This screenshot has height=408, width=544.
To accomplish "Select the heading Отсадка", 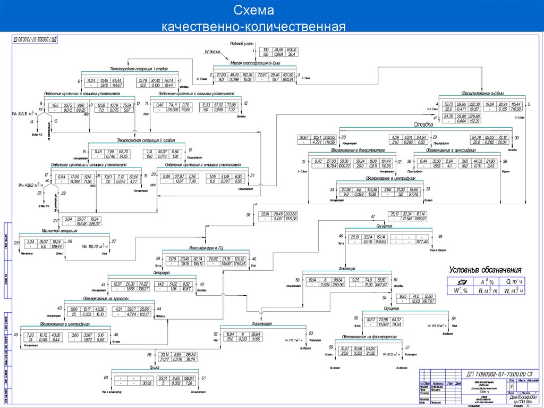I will pos(423,124).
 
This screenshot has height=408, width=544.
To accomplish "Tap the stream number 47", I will pos(373,216).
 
